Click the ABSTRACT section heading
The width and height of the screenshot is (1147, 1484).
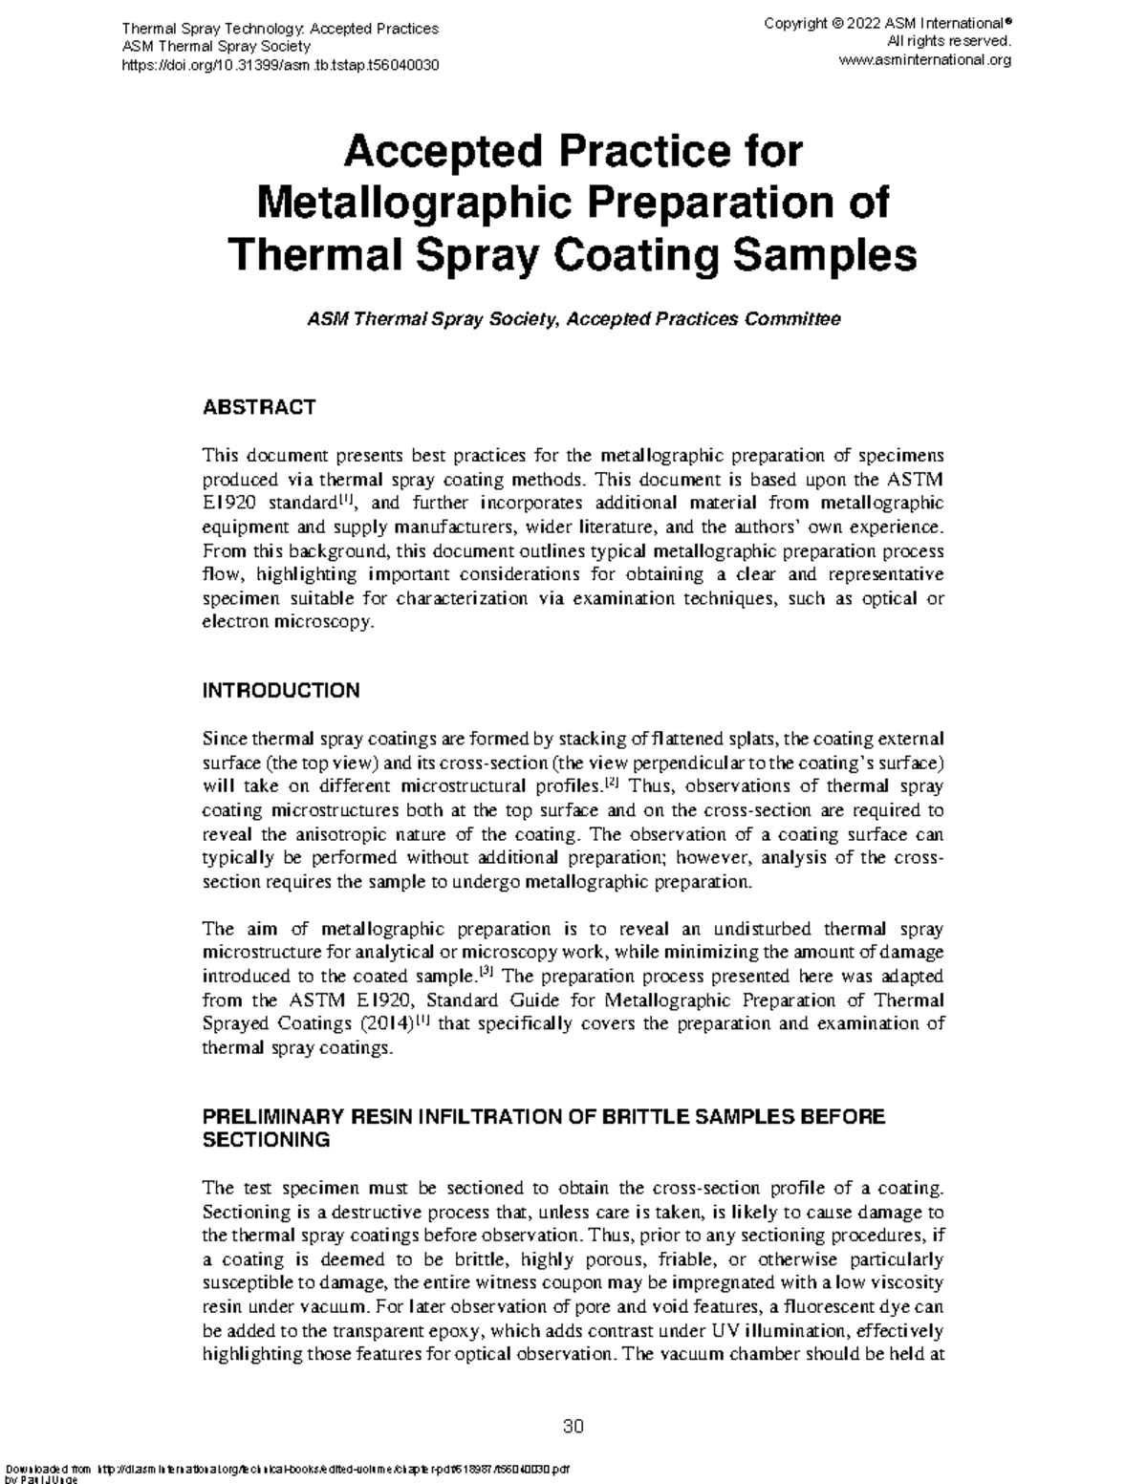[x=258, y=407]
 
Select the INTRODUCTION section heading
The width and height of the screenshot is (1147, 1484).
[x=281, y=691]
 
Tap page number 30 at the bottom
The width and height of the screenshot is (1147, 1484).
[x=573, y=1427]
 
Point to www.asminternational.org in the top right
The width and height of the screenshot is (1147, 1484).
[x=924, y=59]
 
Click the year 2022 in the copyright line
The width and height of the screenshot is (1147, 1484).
[x=863, y=23]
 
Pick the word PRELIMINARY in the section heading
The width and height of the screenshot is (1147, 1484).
[x=273, y=1116]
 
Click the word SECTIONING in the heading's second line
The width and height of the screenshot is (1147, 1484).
[x=267, y=1140]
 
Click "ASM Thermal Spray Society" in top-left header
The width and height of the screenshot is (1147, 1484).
[x=216, y=46]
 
